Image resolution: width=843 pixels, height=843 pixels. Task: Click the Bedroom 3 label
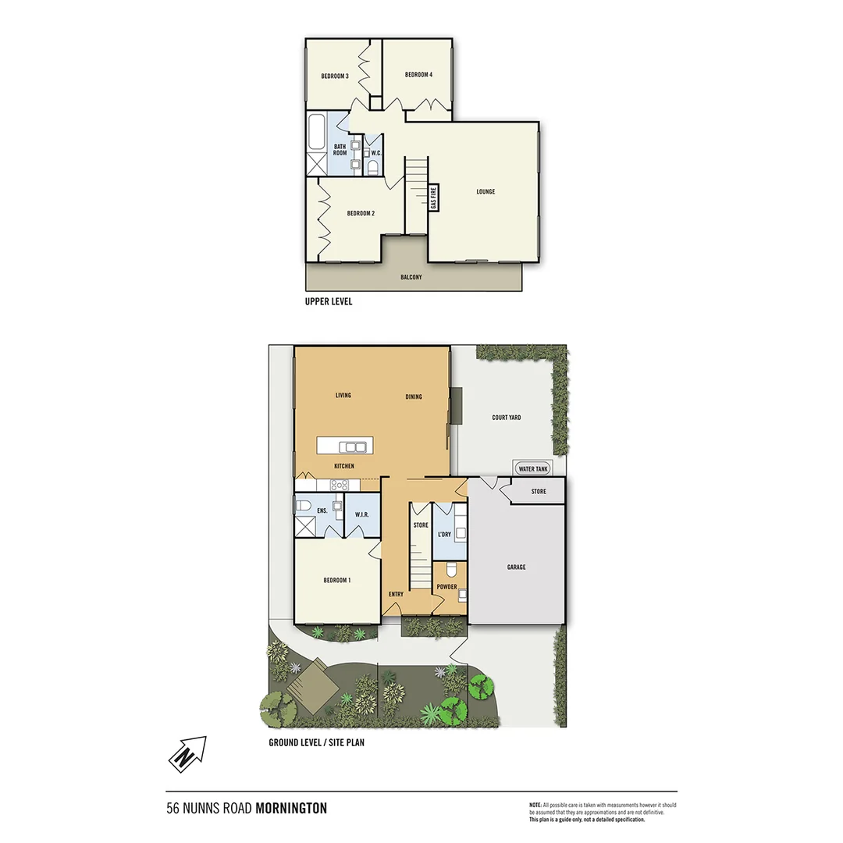(334, 76)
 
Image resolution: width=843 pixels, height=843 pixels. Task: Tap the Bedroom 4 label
(418, 75)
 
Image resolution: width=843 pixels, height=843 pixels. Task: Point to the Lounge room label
(486, 192)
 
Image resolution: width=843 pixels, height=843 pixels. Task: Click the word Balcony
(411, 277)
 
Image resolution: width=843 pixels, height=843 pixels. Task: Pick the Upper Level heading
(329, 301)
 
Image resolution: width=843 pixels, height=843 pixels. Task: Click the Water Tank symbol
(533, 468)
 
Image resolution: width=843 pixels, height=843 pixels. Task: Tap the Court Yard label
(507, 418)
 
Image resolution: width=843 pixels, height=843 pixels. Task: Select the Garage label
(516, 567)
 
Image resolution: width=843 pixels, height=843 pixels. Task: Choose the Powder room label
(446, 587)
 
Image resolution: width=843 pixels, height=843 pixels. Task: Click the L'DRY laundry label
(444, 535)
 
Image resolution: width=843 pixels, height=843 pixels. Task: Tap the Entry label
(396, 595)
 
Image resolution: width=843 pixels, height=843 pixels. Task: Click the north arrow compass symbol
(187, 754)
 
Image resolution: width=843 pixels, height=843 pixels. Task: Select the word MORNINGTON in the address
(291, 809)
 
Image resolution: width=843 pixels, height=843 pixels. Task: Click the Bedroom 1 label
(337, 580)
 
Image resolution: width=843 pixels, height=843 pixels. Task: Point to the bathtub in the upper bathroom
(316, 133)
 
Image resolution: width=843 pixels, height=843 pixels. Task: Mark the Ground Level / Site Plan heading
(316, 742)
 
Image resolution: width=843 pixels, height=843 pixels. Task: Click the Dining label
(414, 397)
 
